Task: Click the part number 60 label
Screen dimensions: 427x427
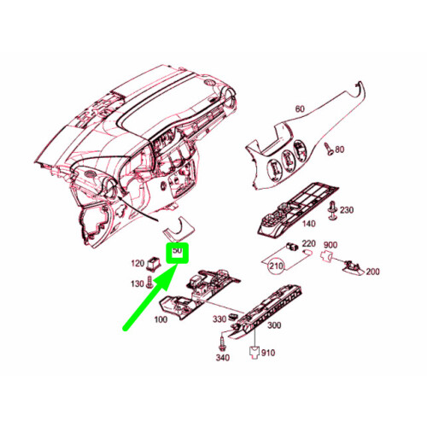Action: (299, 108)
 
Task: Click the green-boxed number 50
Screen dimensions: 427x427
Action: (178, 251)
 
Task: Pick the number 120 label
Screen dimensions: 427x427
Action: (136, 263)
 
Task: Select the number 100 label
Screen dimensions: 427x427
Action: (161, 319)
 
